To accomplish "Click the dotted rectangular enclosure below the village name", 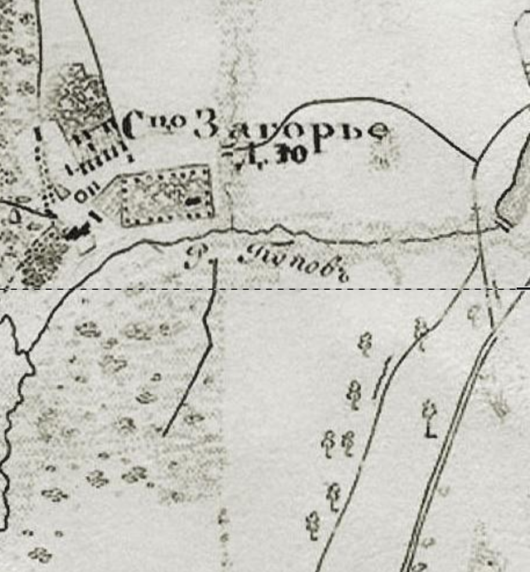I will click(x=166, y=195).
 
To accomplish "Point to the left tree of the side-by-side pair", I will click(x=329, y=444).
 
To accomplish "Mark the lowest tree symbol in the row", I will click(x=313, y=524).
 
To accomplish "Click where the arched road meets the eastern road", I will click(x=477, y=161).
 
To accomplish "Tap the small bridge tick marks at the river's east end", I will click(x=502, y=224).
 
